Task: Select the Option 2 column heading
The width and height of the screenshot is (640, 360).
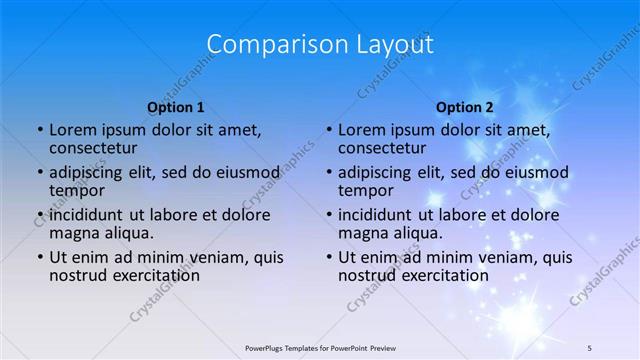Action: click(465, 107)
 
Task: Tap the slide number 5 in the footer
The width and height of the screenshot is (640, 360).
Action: click(590, 347)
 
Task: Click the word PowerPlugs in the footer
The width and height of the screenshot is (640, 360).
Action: click(268, 347)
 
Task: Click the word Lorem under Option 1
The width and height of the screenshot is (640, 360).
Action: click(72, 130)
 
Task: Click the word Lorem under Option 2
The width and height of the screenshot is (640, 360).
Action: click(361, 130)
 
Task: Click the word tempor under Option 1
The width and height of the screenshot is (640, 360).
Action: click(76, 190)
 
